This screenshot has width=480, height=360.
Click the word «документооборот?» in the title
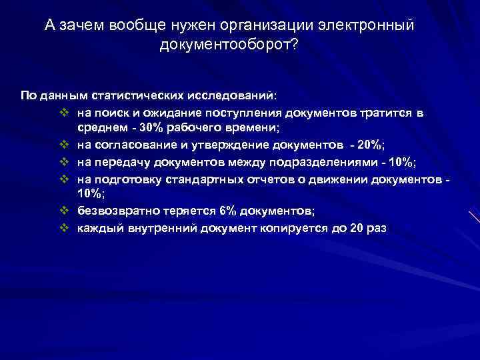point(229,44)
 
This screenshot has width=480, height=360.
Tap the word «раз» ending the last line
point(376,228)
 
